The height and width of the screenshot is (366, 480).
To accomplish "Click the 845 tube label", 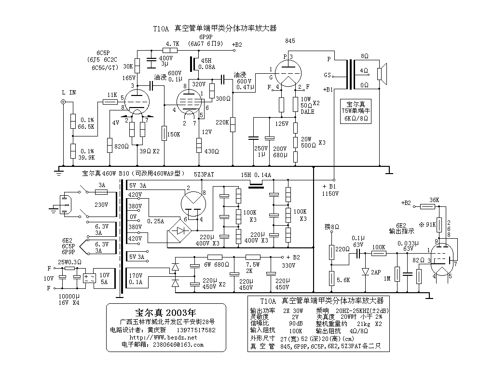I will click(x=290, y=41).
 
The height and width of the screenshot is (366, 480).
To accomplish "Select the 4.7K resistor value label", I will click(x=172, y=43).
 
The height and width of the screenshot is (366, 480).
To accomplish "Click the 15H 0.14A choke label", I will click(x=256, y=175).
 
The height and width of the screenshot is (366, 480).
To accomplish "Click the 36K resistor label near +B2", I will click(x=434, y=200).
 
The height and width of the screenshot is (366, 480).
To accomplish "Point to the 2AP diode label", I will click(x=376, y=272).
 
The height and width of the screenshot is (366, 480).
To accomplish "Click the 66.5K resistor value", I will click(x=87, y=126).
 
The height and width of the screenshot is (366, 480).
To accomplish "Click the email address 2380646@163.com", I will click(x=178, y=345).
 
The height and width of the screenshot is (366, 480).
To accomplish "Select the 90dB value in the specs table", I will click(x=296, y=323).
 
